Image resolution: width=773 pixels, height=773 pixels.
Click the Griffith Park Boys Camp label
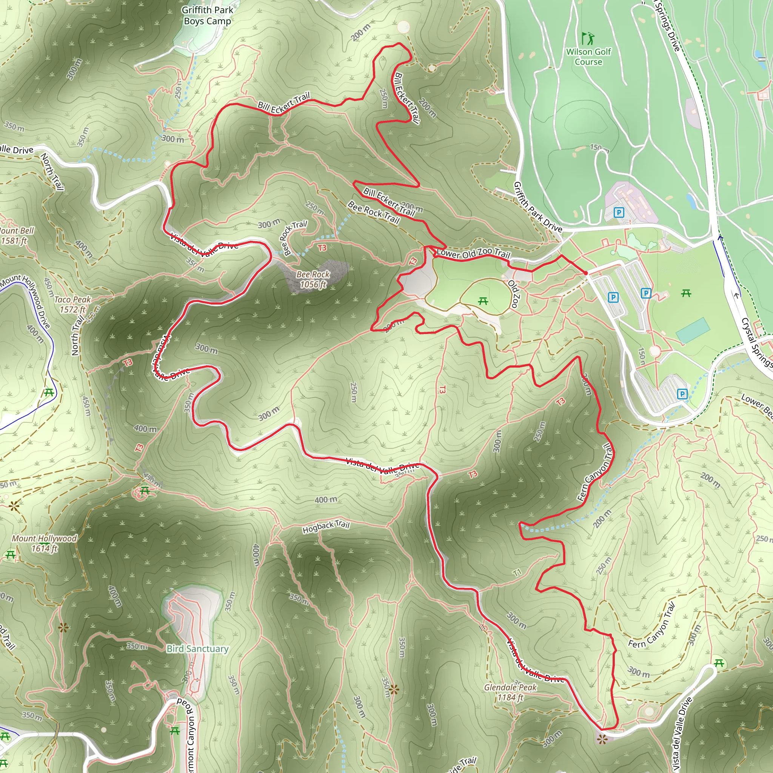pos(207,15)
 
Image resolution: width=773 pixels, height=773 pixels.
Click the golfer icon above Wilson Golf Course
pos(588,38)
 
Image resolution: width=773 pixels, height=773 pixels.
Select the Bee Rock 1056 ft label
pos(313,279)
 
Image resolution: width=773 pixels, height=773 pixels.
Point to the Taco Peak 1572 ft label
pos(72,305)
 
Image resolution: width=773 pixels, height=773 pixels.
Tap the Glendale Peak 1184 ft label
pos(510,692)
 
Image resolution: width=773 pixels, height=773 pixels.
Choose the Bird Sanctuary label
pos(198,648)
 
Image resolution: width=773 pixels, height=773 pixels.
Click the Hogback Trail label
pos(326,527)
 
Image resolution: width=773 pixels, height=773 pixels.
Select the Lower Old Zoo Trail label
pos(473,253)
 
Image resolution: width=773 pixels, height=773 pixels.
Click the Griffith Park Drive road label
pos(538,207)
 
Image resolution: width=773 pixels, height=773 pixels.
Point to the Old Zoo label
pos(514,294)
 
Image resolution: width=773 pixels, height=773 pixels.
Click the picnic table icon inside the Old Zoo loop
pos(483,301)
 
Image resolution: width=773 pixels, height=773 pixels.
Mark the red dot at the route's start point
pos(586,273)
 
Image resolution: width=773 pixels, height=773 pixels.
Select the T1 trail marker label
pos(517,573)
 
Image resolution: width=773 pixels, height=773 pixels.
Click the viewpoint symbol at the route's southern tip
pos(602,739)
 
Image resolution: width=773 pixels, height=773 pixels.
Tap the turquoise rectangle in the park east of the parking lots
pos(693,330)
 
